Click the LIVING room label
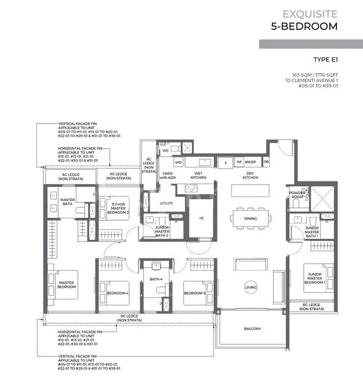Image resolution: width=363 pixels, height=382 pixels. [251, 288]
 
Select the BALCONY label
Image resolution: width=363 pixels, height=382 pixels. [252, 329]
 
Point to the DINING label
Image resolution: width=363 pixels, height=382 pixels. [251, 220]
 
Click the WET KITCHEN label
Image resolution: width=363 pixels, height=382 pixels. [198, 176]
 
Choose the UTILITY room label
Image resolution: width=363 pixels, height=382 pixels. [166, 203]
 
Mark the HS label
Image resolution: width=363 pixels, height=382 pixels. [202, 220]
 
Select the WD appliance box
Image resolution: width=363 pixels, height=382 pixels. [178, 162]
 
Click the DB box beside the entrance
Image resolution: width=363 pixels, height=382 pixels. [266, 162]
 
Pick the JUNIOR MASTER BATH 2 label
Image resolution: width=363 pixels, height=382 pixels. [162, 231]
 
